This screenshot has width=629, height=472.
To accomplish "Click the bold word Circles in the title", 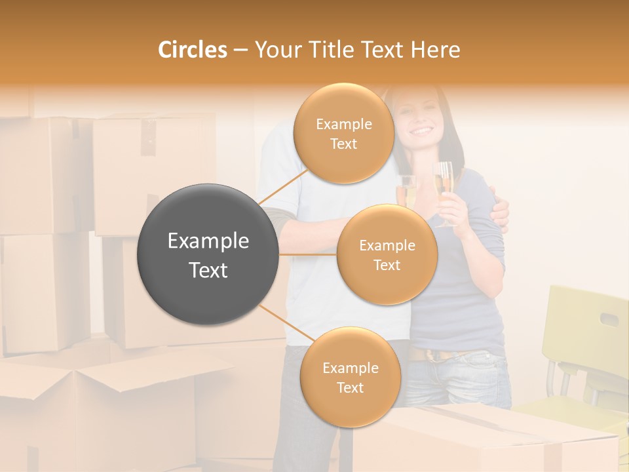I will (x=192, y=50).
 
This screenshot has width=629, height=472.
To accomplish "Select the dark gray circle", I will (x=208, y=254).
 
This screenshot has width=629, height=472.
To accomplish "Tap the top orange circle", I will (x=343, y=134).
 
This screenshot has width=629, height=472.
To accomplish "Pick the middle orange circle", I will (x=387, y=255).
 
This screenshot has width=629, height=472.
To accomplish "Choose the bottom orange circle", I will (x=350, y=378).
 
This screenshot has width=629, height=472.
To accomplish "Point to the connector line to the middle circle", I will (x=308, y=254).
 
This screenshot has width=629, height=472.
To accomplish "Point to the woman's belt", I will (x=432, y=355).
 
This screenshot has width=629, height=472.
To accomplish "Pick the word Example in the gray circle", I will (x=208, y=241).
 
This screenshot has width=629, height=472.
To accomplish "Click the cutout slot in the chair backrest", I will (x=609, y=320).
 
